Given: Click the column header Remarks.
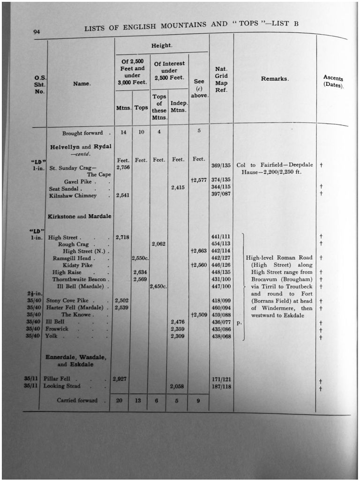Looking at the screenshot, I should click(x=275, y=79).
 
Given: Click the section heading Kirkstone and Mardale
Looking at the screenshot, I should click(x=80, y=216).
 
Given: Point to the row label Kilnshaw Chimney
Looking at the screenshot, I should click(x=73, y=195).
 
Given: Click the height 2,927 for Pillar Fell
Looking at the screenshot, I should click(x=120, y=378).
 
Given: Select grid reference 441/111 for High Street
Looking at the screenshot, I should click(x=220, y=237).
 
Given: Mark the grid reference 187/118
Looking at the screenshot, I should click(x=221, y=386).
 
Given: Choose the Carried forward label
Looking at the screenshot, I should click(x=77, y=400).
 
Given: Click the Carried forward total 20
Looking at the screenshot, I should click(x=120, y=400).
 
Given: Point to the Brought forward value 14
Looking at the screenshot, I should click(x=123, y=133).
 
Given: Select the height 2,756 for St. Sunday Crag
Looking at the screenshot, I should click(x=123, y=167).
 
